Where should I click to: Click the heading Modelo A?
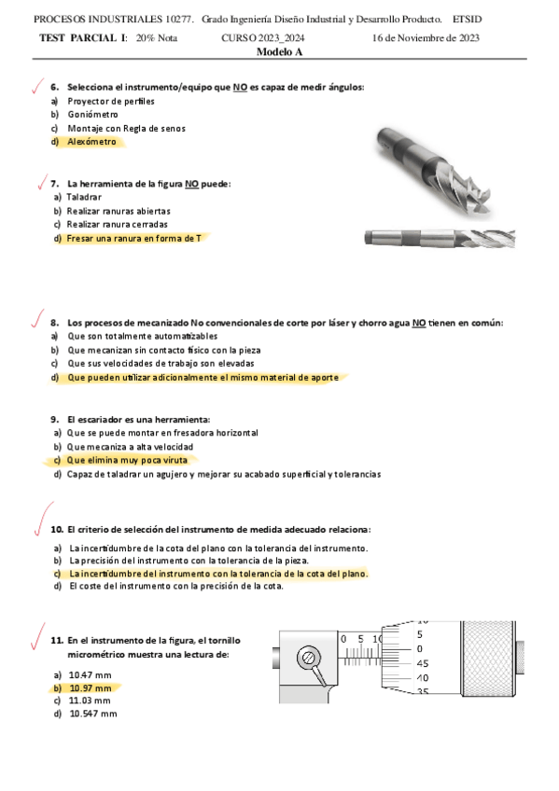pos(280,52)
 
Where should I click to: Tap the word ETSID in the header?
pos(468,20)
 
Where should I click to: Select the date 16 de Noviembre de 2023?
pos(426,38)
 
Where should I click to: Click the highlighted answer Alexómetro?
pos(91,142)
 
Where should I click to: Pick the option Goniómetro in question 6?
pos(92,115)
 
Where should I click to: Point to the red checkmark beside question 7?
pos(42,182)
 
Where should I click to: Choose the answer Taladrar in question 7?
pos(84,197)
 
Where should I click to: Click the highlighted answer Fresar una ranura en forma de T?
pos(133,238)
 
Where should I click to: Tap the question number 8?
pos(54,323)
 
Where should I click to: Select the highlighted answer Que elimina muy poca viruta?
pos(127,460)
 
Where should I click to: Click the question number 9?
pos(54,420)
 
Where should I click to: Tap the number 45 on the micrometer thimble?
pos(423,663)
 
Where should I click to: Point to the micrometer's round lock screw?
pos(308,658)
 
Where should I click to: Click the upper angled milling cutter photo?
pos(434,172)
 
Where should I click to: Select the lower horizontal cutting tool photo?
pos(440,238)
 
